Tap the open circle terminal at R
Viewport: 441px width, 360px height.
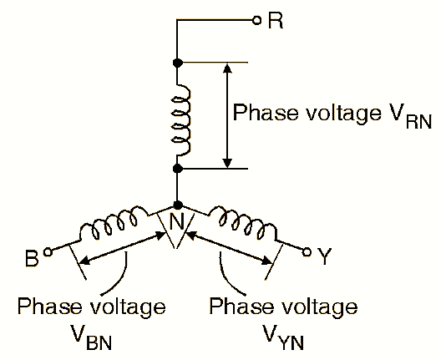(x=257, y=20)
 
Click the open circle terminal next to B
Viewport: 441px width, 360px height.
(x=48, y=250)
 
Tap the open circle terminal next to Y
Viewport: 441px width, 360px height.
(x=307, y=251)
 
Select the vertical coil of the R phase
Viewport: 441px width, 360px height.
(x=181, y=116)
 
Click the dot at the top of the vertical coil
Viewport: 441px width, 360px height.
(x=177, y=63)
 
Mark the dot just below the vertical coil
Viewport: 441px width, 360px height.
(x=177, y=169)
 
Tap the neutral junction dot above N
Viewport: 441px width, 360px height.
(x=177, y=205)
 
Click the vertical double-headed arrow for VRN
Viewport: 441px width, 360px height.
(x=226, y=115)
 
